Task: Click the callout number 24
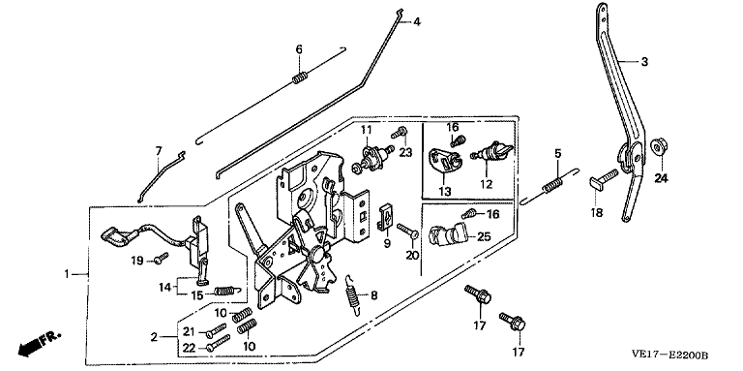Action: (661, 178)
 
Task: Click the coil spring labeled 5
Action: (553, 184)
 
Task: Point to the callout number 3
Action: (644, 62)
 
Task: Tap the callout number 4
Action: (417, 22)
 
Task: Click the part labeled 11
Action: (371, 157)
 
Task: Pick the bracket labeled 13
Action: (446, 161)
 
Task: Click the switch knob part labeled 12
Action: (491, 152)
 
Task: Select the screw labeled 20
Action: (407, 232)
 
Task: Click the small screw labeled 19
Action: (162, 258)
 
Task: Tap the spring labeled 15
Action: (227, 291)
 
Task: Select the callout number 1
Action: (67, 274)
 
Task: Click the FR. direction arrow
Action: (40, 343)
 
